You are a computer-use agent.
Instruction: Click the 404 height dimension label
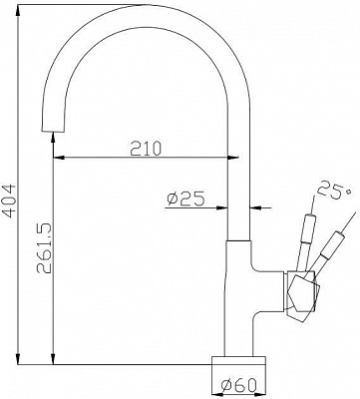pyautogui.click(x=9, y=200)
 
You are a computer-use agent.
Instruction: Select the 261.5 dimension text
pyautogui.click(x=44, y=247)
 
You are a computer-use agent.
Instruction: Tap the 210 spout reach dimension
pyautogui.click(x=146, y=149)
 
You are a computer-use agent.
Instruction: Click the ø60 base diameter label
pyautogui.click(x=239, y=385)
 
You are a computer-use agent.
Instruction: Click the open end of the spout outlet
pyautogui.click(x=53, y=131)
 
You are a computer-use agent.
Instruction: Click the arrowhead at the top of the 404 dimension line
pyautogui.click(x=19, y=10)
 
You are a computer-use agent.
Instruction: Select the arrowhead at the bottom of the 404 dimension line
pyautogui.click(x=19, y=358)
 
